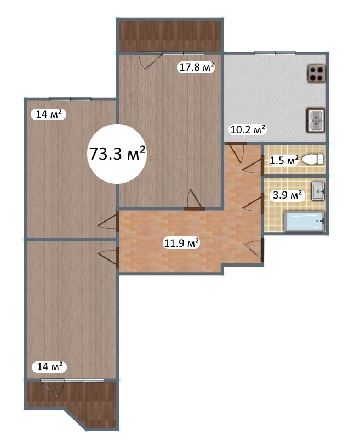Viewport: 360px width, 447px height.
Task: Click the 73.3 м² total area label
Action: (117, 154)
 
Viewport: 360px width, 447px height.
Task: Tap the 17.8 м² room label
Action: (197, 67)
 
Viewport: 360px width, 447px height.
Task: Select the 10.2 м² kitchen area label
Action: (248, 129)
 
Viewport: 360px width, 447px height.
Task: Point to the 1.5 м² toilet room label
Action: (284, 160)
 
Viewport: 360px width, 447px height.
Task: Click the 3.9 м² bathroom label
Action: (287, 195)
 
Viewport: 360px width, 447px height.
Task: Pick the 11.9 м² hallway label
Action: (181, 243)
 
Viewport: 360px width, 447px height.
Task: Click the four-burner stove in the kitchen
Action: (316, 73)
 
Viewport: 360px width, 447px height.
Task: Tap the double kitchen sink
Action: (316, 120)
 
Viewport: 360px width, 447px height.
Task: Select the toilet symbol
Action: (313, 159)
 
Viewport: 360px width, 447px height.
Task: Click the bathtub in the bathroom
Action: (305, 221)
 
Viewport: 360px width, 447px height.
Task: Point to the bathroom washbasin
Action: (318, 191)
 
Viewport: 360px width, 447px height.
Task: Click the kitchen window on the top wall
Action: (275, 53)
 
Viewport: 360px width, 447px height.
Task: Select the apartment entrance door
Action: (255, 250)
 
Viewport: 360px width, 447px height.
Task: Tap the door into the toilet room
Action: (254, 165)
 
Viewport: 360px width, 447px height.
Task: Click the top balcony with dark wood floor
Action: (169, 35)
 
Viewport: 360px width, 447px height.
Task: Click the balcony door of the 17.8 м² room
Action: (150, 60)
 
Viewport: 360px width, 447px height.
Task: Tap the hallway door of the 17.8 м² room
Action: (195, 199)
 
